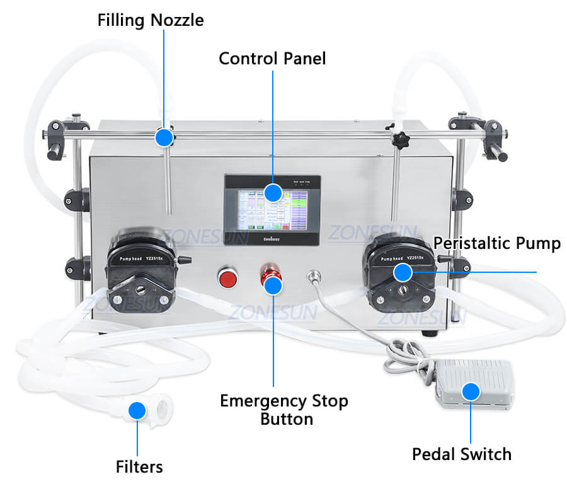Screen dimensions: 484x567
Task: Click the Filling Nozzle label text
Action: coord(151,20)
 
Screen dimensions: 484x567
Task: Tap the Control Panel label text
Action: coord(272,59)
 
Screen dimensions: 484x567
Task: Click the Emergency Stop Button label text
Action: coord(283,409)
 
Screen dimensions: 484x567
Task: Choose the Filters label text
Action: coord(139,466)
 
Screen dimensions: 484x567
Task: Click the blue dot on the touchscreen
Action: coord(272,192)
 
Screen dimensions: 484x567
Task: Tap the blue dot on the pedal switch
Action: coord(470,391)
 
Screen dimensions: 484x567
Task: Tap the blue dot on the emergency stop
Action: coord(272,285)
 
